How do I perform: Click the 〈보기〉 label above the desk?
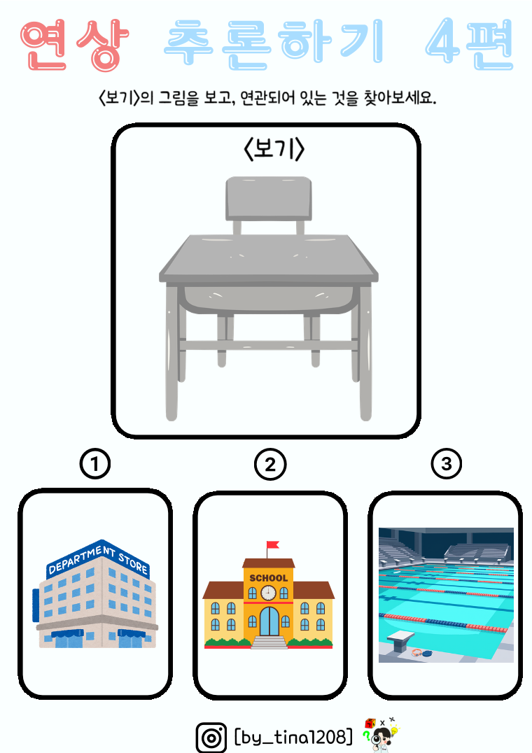pos(274,149)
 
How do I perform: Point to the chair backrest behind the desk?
pos(269,198)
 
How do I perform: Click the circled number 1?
pos(95,464)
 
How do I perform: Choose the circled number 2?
pos(270,465)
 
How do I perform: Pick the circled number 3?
pos(447,464)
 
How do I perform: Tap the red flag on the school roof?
pos(273,544)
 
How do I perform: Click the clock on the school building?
pos(268,593)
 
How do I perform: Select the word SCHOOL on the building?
pos(268,578)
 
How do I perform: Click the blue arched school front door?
pos(269,621)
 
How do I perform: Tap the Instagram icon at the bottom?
pos(211,737)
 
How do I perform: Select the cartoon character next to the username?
pos(381,734)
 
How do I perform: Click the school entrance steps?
pos(269,642)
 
